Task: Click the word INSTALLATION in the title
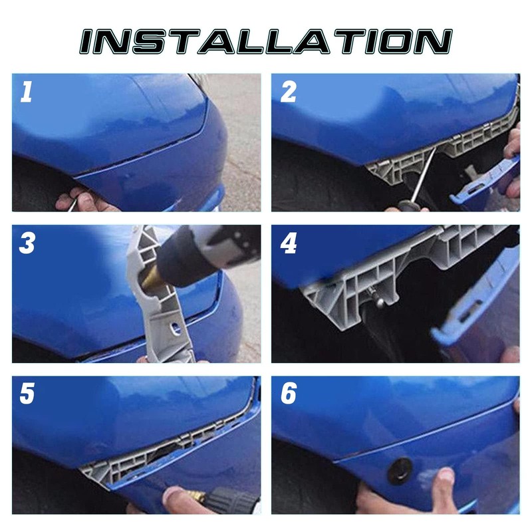266,41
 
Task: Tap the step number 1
26,92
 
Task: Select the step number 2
288,92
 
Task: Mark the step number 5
27,394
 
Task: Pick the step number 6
289,394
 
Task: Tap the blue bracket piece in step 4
475,299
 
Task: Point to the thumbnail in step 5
175,493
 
